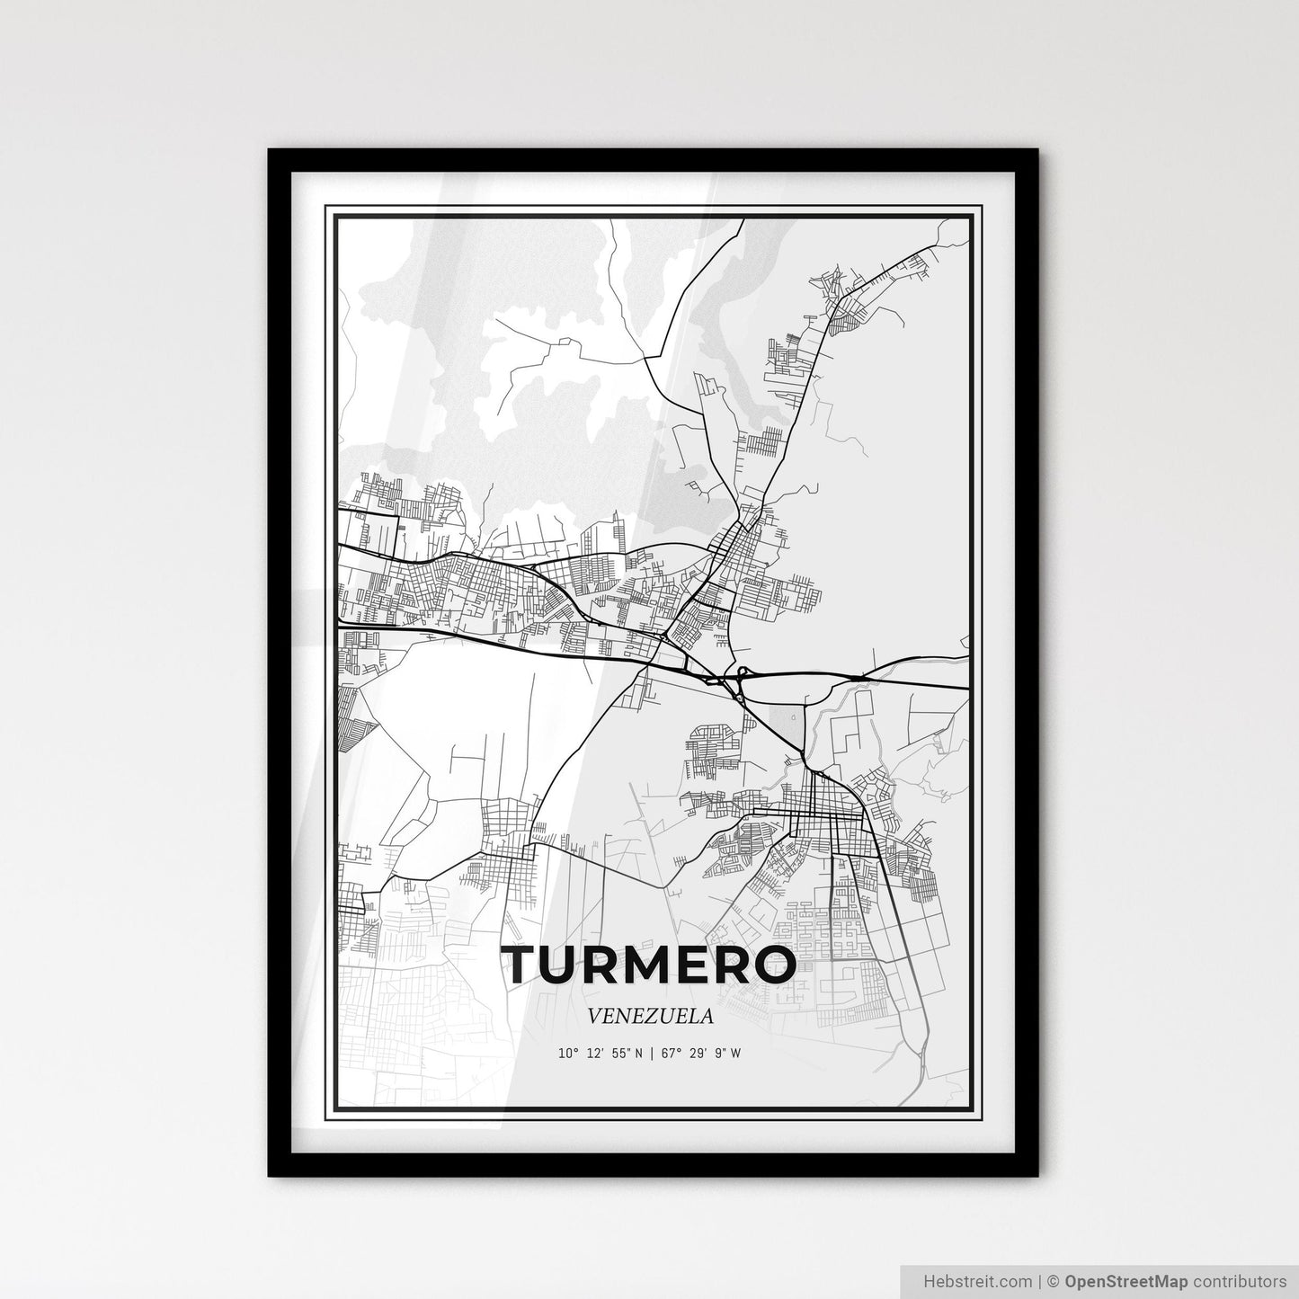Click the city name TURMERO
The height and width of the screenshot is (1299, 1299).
[650, 965]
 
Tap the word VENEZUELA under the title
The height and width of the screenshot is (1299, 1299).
[650, 1017]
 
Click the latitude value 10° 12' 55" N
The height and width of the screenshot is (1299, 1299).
[600, 1054]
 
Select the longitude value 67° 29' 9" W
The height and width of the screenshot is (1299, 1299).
[701, 1054]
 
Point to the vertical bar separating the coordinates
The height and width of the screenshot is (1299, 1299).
[652, 1054]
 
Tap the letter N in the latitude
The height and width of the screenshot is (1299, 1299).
[638, 1054]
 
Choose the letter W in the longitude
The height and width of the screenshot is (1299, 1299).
[736, 1054]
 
